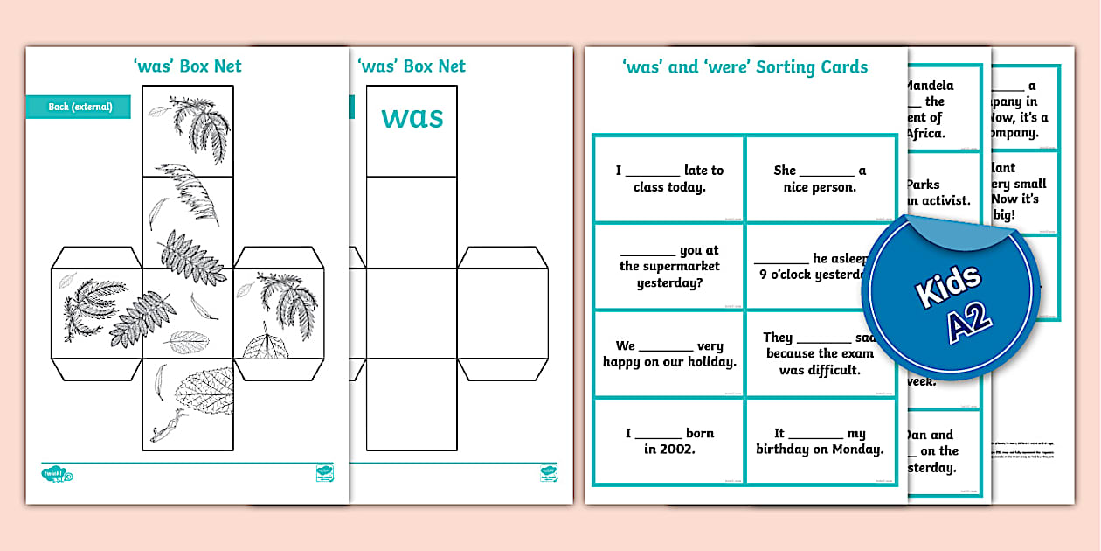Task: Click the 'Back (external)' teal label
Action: tap(80, 107)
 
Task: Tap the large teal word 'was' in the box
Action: tap(412, 117)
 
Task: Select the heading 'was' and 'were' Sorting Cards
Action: tap(744, 67)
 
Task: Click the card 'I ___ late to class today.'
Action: tap(669, 178)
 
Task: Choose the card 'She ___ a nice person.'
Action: tap(820, 178)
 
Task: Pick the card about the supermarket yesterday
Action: tap(669, 267)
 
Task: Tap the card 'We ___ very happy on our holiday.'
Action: tap(669, 353)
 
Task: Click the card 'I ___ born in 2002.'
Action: tap(669, 441)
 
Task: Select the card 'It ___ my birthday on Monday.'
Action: tap(820, 441)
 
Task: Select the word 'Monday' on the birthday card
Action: tap(854, 450)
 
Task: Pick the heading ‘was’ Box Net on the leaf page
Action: tap(185, 66)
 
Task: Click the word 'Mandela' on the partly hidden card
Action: tap(930, 86)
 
